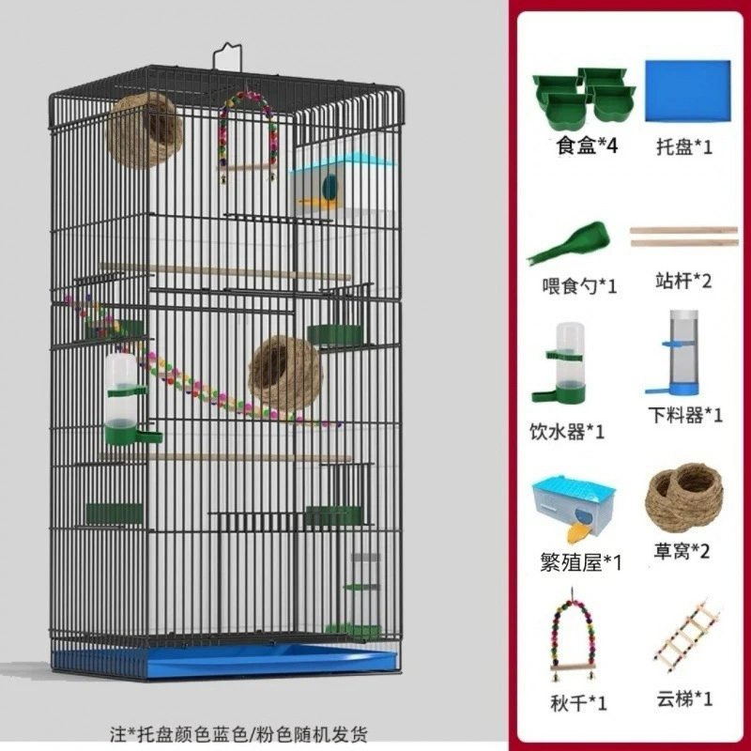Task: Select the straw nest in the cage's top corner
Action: (x=145, y=130)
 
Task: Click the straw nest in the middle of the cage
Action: (x=285, y=373)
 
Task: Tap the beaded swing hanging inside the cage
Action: (x=248, y=136)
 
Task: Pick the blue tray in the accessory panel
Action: (x=688, y=91)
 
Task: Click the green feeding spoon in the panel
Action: (x=569, y=242)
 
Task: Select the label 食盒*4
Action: (x=587, y=146)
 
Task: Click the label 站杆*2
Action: (x=683, y=280)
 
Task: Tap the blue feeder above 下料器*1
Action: (x=680, y=353)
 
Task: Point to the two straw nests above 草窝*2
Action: (x=683, y=498)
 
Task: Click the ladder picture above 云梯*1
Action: (x=687, y=635)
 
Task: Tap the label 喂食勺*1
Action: (x=579, y=286)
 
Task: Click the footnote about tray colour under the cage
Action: (x=239, y=733)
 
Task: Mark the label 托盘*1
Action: (x=684, y=146)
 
